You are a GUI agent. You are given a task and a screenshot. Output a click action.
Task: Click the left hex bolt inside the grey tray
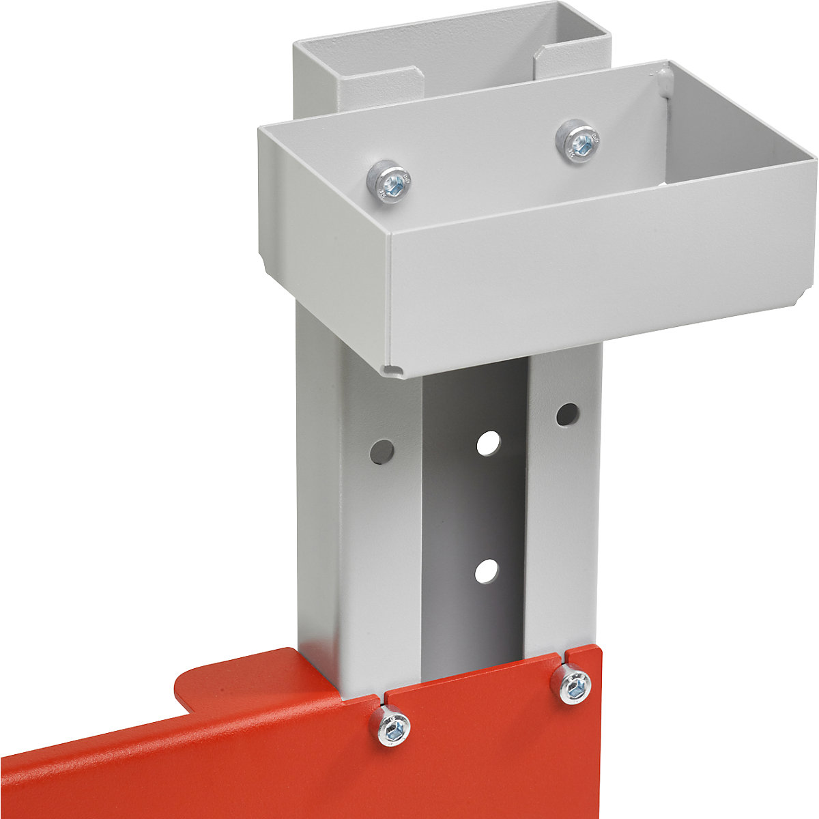coord(388,181)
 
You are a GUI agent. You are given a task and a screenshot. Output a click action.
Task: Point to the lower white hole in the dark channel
coord(487,570)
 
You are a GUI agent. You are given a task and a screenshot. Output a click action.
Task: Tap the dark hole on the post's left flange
coord(382,450)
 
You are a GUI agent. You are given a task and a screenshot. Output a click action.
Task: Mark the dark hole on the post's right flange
coord(566,414)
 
